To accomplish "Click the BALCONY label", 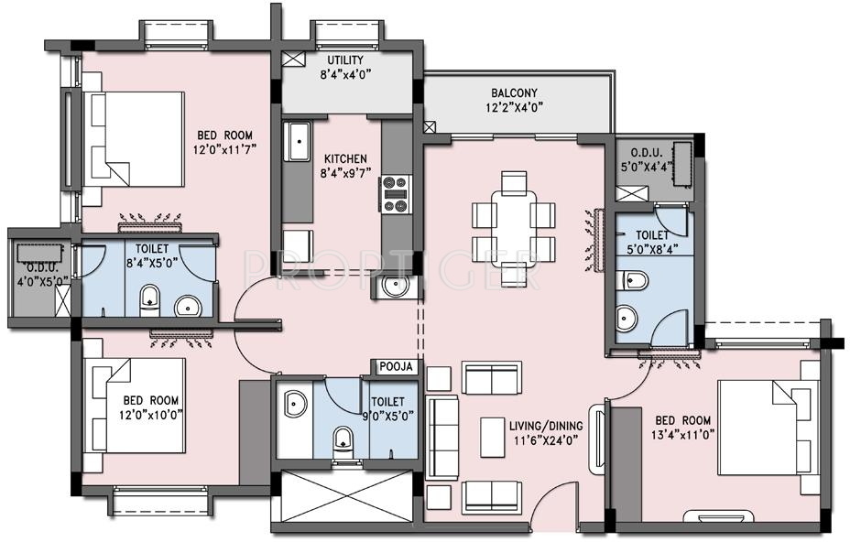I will [514, 92].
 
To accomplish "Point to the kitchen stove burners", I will [395, 193].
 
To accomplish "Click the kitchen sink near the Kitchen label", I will [297, 144].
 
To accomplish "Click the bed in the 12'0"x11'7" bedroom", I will [135, 138].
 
